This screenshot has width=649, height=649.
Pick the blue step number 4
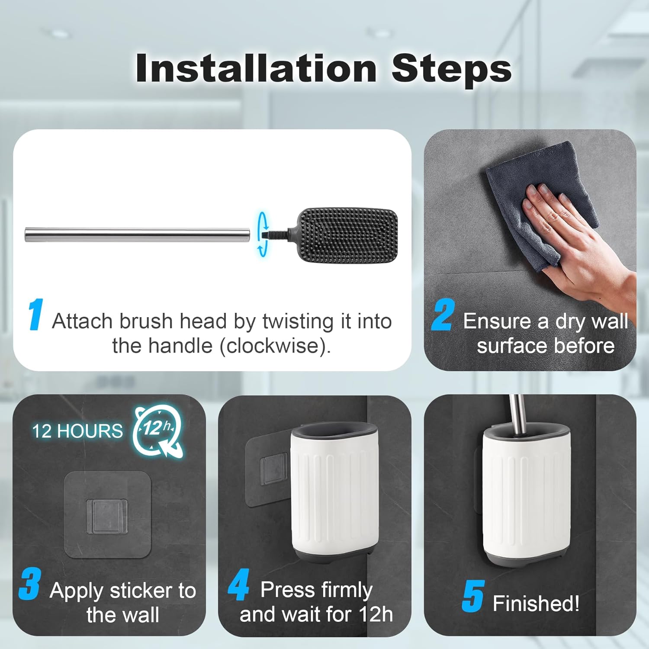tap(238, 585)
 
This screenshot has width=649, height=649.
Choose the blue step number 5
tap(472, 596)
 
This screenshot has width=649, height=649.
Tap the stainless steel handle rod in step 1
tap(137, 235)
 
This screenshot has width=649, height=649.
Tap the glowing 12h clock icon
tap(158, 431)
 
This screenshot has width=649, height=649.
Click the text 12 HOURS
tap(77, 431)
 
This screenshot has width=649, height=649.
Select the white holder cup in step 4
tap(334, 493)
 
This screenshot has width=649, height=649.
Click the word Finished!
tap(536, 603)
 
